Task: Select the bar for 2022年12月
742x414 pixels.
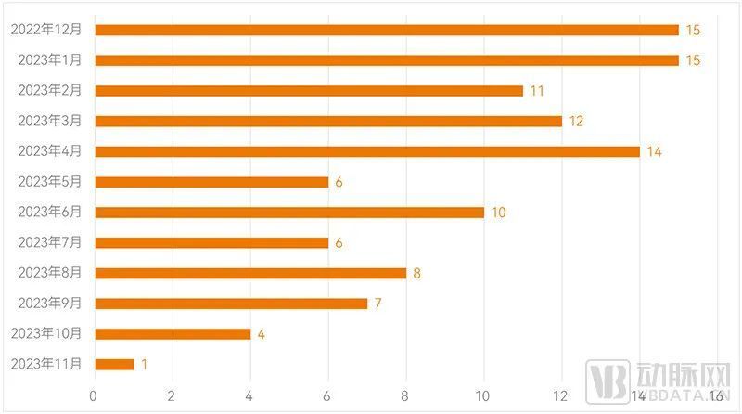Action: pos(387,30)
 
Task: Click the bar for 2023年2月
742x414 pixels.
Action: pos(309,91)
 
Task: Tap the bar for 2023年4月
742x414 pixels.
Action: pos(367,151)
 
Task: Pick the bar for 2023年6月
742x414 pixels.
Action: pos(289,213)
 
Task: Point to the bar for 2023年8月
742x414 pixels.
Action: pos(250,273)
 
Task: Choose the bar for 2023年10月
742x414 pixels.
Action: pos(173,334)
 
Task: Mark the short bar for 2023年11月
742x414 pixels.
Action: pos(114,364)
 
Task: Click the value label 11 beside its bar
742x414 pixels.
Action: pos(536,91)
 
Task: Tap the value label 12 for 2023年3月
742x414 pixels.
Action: pos(575,122)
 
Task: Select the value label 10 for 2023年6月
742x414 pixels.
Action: pos(498,213)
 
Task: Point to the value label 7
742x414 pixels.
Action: pos(378,304)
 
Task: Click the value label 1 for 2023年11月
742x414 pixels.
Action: pos(144,365)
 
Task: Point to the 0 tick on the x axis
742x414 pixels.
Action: pos(94,396)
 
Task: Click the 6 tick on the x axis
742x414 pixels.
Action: pos(327,396)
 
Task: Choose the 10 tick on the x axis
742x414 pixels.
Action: pos(482,396)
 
